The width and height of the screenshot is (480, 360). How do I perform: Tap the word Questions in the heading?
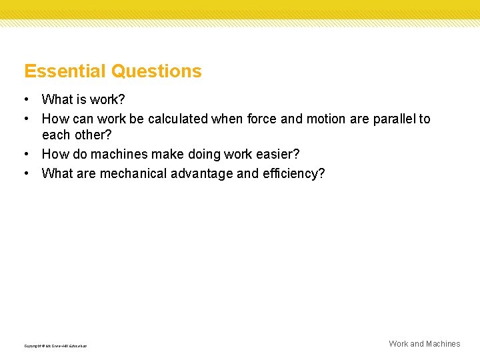tap(157, 71)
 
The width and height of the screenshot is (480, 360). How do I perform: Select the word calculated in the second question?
tap(177, 119)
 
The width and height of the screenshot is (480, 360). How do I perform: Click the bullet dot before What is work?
tap(25, 100)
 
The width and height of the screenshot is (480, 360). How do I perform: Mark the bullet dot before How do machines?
tap(25, 154)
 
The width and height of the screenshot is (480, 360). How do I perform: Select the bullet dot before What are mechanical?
tap(25, 173)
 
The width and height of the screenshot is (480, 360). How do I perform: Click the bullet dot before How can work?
tap(25, 119)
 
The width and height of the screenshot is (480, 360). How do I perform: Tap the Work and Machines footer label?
tap(425, 344)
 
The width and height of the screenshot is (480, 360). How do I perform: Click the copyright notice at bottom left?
tap(55, 346)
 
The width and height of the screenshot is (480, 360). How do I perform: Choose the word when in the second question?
tap(227, 119)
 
